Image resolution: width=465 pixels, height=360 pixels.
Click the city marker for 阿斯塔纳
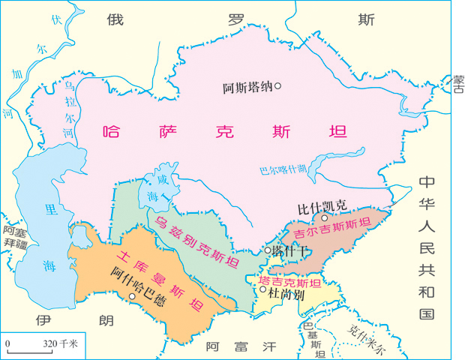pyautogui.click(x=277, y=86)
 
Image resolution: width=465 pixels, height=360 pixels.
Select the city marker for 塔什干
pyautogui.click(x=268, y=250)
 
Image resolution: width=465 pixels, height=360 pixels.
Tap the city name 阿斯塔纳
pyautogui.click(x=247, y=88)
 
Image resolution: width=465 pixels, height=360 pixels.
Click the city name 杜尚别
pyautogui.click(x=286, y=295)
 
